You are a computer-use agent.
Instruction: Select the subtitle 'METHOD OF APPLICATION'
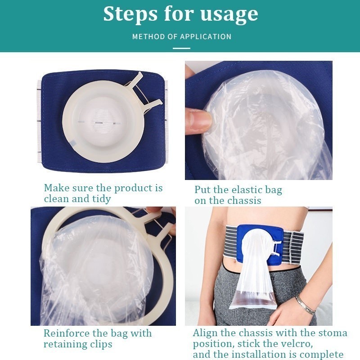182,36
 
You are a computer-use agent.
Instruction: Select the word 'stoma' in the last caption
332,333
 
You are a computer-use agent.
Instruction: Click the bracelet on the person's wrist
305,305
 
